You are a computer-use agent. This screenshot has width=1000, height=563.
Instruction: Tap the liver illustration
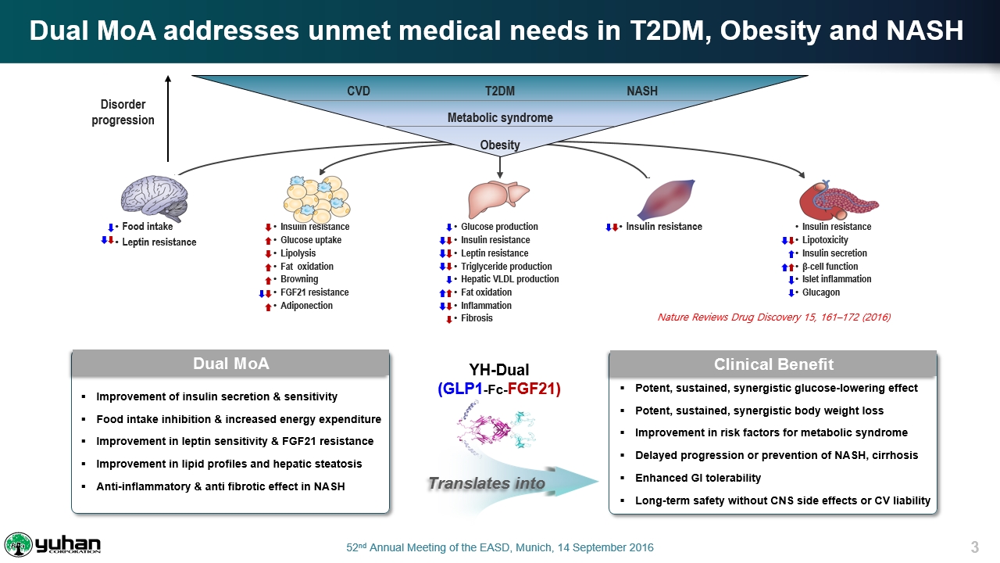tap(498, 199)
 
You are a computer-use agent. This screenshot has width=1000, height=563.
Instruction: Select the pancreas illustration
tap(838, 200)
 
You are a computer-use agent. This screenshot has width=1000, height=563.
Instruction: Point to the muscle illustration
tap(667, 199)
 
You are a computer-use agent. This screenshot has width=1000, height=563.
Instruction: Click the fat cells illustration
tap(316, 199)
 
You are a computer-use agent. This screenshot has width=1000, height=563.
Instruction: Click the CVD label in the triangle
tap(359, 91)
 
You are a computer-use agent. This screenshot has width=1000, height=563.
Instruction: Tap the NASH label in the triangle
tap(642, 91)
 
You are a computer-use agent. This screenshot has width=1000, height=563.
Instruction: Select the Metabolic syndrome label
tap(500, 117)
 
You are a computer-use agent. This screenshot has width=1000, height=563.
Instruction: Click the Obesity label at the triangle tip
tap(500, 145)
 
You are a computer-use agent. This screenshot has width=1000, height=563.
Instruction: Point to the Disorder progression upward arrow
tap(168, 118)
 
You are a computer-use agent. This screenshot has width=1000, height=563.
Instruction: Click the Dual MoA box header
tap(230, 364)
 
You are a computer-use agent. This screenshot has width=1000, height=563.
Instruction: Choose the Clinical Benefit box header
tap(773, 364)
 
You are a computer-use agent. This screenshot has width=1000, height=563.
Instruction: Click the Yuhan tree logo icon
tap(18, 545)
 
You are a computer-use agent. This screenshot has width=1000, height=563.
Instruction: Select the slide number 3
tap(974, 547)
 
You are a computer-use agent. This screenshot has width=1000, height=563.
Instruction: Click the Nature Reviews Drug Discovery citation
tap(773, 317)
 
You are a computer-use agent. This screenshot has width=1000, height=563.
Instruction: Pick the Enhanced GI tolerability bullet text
tap(698, 478)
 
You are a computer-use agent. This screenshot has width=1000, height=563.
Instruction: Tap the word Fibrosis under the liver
tap(477, 318)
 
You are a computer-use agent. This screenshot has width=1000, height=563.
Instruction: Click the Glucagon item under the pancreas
tap(821, 292)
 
